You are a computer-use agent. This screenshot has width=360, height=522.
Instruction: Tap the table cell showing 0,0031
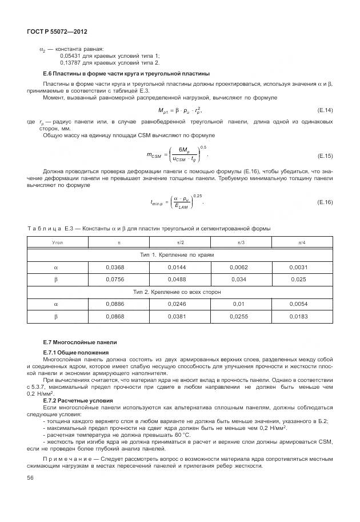[298, 267]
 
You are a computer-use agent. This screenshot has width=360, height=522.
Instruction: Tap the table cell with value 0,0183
[298, 316]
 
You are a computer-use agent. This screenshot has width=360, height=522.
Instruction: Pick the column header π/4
[298, 242]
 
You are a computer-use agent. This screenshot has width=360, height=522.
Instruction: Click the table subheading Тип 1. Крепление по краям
[177, 254]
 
